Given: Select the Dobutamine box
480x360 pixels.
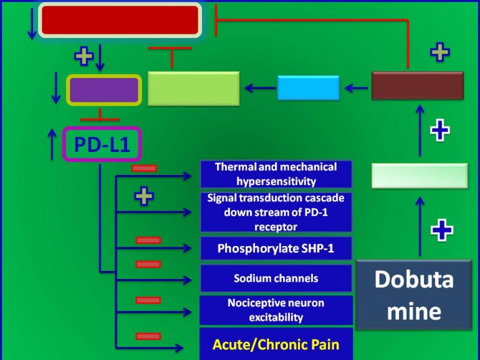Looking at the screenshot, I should pos(413,295).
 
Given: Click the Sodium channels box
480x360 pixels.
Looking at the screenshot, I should pos(276,278).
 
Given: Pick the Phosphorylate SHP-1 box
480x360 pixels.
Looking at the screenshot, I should pos(276,249).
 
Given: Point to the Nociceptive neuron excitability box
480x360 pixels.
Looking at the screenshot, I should pos(276,310).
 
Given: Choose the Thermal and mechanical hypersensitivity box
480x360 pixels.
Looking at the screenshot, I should pos(276,174).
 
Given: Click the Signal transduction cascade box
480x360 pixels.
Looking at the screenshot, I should pos(276,212).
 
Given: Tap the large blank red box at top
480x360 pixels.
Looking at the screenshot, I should pos(120,20).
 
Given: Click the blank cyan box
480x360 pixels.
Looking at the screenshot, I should pos(308,88).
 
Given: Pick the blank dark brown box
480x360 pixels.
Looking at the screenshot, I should pos(417,86).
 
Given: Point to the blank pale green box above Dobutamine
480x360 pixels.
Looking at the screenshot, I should pos(420,176).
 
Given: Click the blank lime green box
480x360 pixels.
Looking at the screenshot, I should pos(193,88).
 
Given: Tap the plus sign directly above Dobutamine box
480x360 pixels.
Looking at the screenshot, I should pos(441,230).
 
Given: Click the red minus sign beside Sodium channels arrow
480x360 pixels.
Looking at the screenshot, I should pos(148,263).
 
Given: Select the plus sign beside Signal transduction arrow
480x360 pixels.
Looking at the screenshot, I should pos(145,197).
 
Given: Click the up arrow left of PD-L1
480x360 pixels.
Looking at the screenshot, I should pos(51,144).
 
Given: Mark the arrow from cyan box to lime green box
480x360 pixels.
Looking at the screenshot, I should pos(260,88).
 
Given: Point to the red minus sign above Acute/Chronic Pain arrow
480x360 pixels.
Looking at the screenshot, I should pos(148,336).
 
